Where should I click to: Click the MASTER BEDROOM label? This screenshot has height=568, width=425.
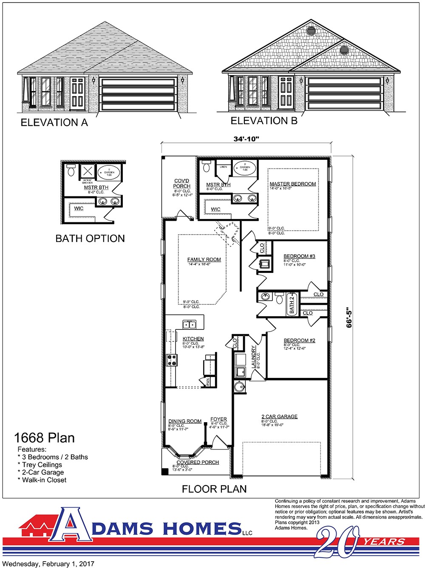[293, 184]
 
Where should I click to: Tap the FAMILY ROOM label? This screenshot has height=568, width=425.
[204, 259]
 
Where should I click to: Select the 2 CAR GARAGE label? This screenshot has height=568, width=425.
[279, 417]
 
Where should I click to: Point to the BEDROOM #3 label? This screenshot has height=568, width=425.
[299, 256]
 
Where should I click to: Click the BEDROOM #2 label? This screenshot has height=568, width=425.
[299, 340]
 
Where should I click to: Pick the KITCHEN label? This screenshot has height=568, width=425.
[193, 339]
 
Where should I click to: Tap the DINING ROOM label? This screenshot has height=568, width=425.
[185, 421]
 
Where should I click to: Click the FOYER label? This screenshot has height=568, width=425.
[218, 419]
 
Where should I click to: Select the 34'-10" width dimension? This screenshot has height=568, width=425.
[246, 139]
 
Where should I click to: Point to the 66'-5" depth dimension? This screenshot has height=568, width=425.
[349, 317]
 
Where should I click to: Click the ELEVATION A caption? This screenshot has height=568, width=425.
[54, 122]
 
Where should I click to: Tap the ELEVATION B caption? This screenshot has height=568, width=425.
[264, 121]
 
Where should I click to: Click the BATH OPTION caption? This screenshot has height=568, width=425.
[90, 239]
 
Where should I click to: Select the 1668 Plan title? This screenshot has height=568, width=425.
[44, 437]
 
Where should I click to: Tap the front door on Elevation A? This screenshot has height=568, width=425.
[77, 92]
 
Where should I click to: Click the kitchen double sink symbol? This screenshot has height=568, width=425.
[189, 325]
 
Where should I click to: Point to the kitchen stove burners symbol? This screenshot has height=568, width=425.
[172, 360]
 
